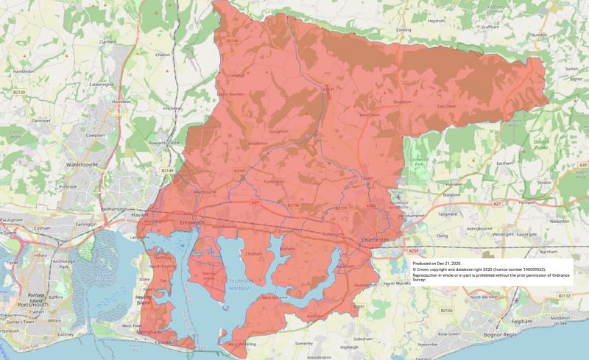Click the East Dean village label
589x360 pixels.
[447, 107]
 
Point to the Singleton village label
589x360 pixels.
[403, 102]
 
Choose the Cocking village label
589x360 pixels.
[403, 30]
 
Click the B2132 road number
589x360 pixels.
[565, 295]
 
